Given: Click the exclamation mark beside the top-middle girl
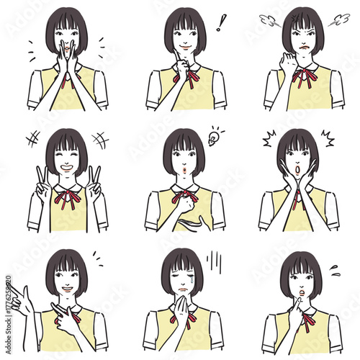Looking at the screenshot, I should coord(222,22).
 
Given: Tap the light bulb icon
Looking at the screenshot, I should coord(214,137).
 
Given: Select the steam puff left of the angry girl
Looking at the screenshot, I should coord(269,20).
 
